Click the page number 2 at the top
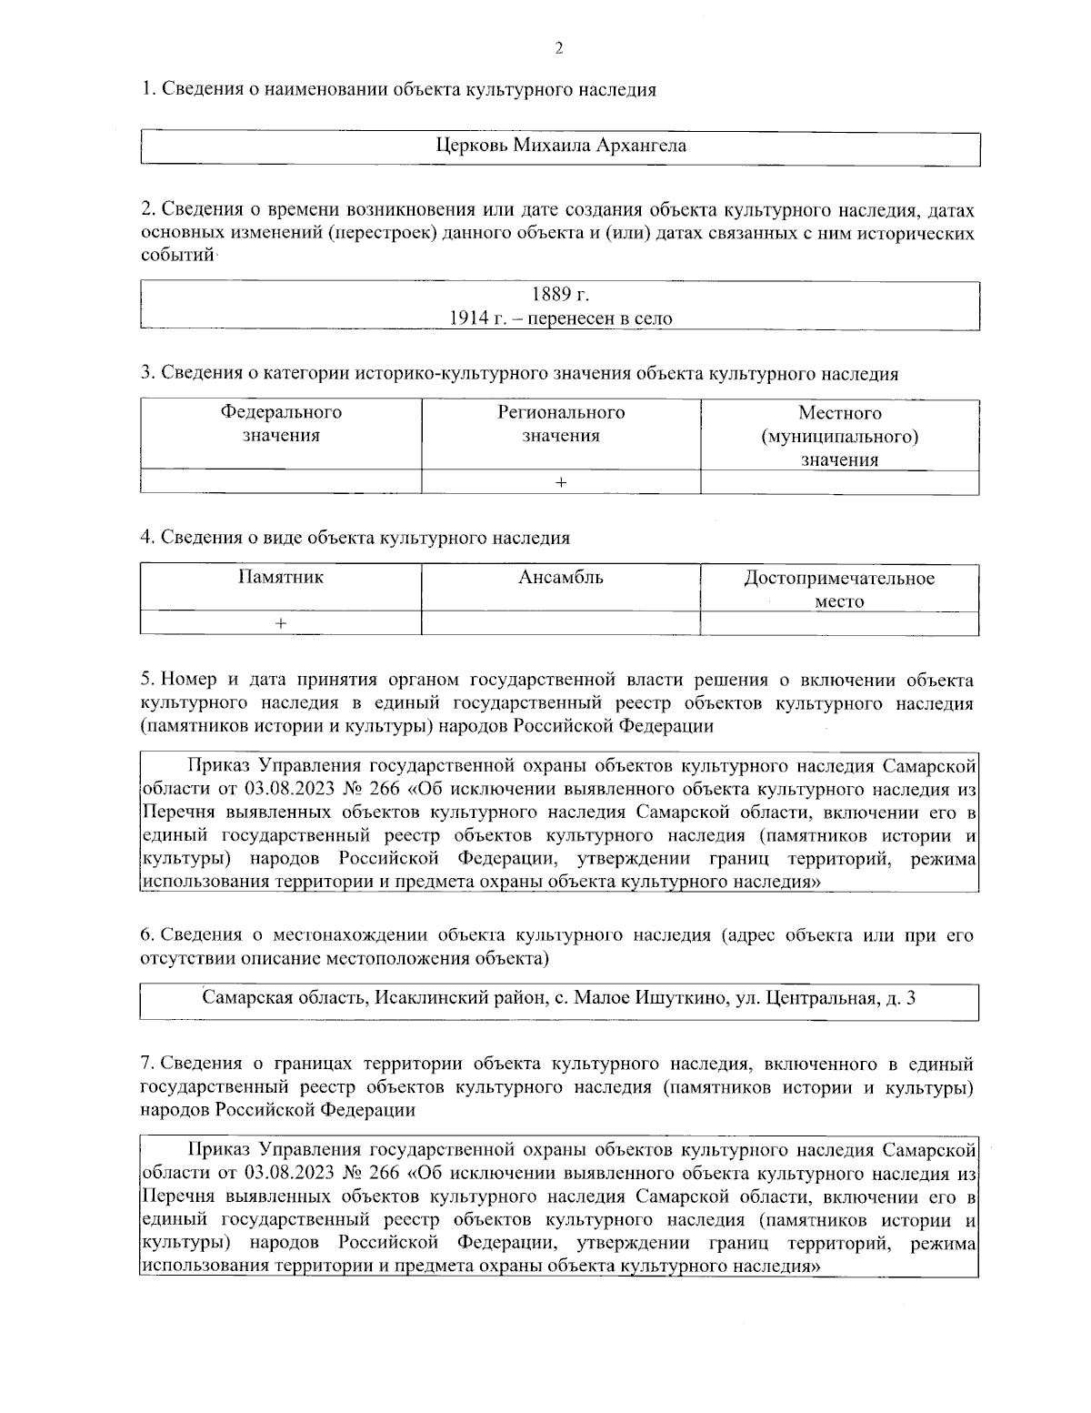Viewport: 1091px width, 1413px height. point(558,48)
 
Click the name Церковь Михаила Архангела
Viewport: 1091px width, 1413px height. point(560,146)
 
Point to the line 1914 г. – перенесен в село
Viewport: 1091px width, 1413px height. point(560,318)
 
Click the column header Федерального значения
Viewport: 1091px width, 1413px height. point(281,424)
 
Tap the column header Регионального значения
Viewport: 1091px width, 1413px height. point(560,424)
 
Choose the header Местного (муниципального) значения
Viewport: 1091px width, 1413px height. point(839,436)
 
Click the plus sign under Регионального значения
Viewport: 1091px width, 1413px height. point(561,483)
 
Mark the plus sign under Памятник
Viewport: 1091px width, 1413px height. point(281,623)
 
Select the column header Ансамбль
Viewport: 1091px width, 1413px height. point(560,577)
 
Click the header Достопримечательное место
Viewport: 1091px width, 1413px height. point(839,589)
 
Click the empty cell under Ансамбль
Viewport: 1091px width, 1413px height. point(560,623)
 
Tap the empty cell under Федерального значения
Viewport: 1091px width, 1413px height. point(281,483)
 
